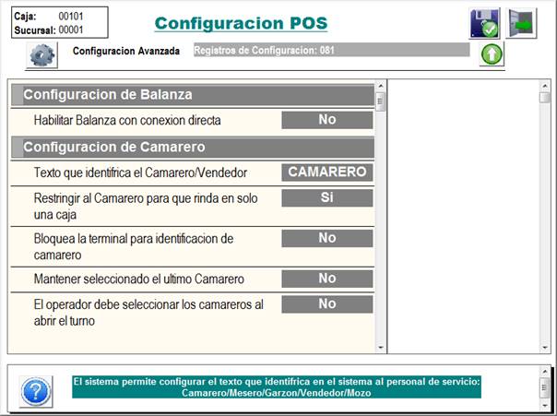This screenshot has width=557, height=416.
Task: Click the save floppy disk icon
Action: (x=484, y=23)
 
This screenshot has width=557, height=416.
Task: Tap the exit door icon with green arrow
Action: (x=521, y=23)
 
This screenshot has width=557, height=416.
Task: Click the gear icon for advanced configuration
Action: (x=41, y=55)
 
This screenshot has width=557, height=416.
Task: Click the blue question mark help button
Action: (x=36, y=391)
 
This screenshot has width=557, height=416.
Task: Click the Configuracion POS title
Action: (x=242, y=23)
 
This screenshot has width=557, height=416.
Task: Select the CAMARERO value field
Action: (x=327, y=172)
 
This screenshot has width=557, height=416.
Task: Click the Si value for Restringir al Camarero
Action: (x=327, y=197)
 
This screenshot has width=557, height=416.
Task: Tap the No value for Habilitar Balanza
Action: (x=327, y=120)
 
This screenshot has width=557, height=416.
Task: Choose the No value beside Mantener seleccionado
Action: (x=327, y=279)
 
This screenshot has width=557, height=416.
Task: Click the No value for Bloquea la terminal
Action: (x=327, y=238)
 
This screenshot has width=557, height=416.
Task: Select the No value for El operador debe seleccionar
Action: (x=327, y=304)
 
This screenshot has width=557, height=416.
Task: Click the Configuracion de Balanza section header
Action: (x=193, y=95)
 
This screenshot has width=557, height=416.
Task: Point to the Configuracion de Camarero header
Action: (x=193, y=147)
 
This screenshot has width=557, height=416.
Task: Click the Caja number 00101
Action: (x=71, y=17)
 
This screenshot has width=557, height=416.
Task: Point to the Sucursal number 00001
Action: (x=71, y=30)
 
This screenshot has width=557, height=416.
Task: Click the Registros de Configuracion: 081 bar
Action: (x=331, y=50)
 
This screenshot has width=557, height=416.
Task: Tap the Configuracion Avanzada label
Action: (x=126, y=51)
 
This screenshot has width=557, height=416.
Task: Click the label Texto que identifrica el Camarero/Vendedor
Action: (x=140, y=172)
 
